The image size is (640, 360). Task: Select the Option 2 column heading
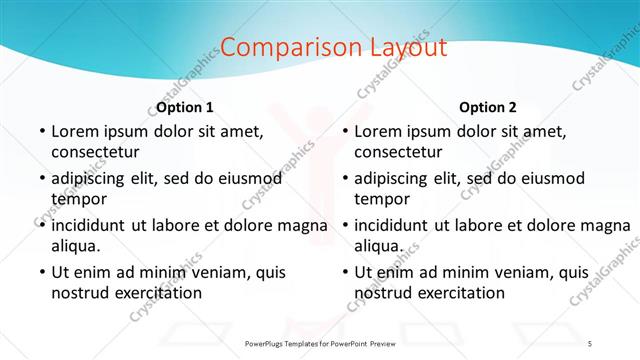click(488, 107)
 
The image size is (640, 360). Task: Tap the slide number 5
click(590, 343)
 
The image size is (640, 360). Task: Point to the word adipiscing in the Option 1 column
click(92, 178)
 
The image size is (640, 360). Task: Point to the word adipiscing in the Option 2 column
click(396, 178)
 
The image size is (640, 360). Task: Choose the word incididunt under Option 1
click(95, 225)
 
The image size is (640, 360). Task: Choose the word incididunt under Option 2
click(398, 225)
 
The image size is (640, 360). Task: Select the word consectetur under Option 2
click(398, 152)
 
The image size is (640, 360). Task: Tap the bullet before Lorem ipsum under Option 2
click(344, 131)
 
